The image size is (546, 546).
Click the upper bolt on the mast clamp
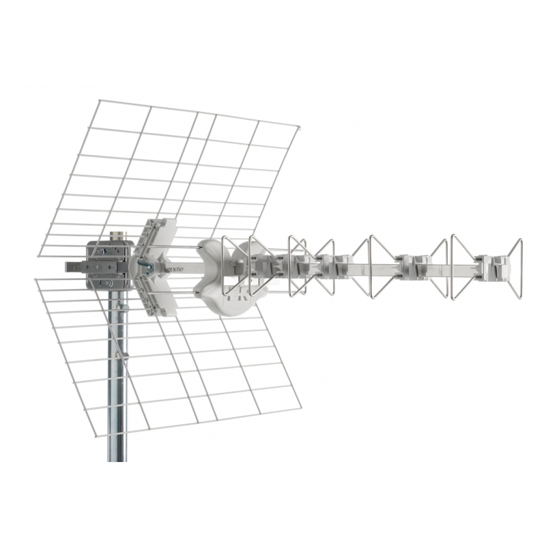(x=102, y=251)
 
